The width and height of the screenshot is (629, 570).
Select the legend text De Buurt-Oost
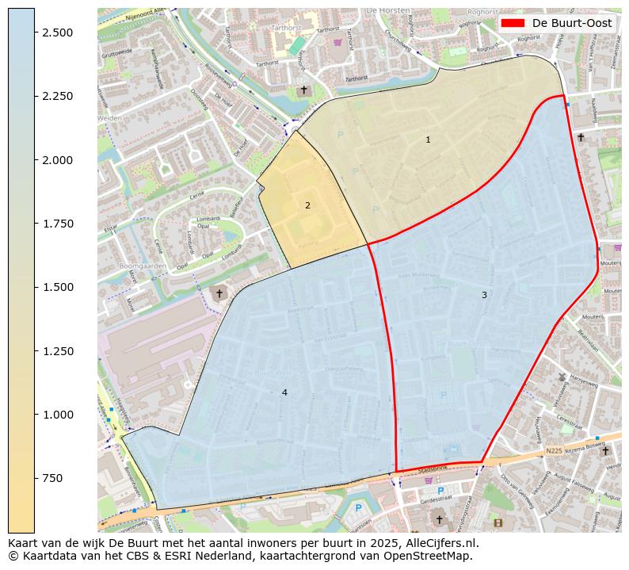(x=572, y=23)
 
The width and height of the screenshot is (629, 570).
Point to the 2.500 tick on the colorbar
(x=58, y=32)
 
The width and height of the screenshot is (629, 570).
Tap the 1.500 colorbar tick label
(x=58, y=287)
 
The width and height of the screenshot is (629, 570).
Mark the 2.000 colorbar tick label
(x=58, y=159)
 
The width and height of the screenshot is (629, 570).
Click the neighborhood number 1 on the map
(x=428, y=140)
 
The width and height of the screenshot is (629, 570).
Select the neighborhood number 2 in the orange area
(x=307, y=205)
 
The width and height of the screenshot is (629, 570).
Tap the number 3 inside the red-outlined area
(x=484, y=295)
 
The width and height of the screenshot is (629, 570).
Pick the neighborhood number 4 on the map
(x=284, y=392)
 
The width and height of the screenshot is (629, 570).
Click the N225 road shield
(x=553, y=450)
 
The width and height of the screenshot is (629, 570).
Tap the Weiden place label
(x=109, y=117)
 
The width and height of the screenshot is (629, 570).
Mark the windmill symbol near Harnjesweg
(x=562, y=377)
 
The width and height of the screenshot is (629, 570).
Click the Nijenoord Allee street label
(x=147, y=11)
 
